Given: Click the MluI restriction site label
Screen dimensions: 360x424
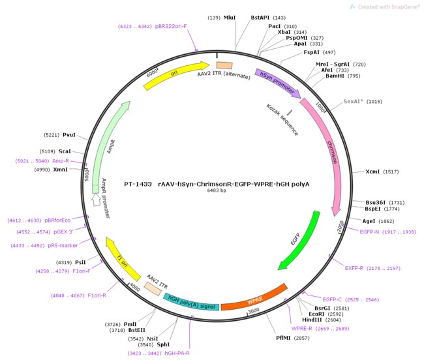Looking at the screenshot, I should [230, 18].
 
